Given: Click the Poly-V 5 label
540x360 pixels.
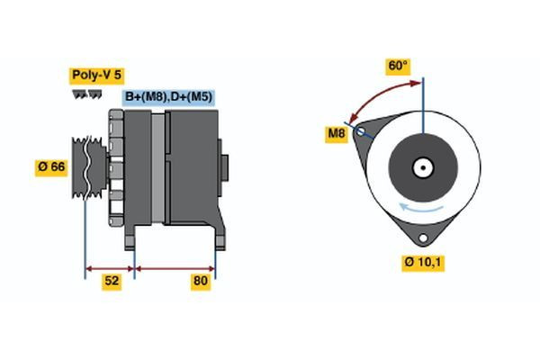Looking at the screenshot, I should (x=95, y=76).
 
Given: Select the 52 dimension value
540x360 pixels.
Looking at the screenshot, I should (x=112, y=282).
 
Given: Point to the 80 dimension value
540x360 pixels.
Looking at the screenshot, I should (x=201, y=282).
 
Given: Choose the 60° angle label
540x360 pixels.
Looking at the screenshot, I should (x=398, y=66).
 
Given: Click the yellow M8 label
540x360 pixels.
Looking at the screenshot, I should (x=337, y=135).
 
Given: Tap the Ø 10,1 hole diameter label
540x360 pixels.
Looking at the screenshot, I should (x=423, y=263).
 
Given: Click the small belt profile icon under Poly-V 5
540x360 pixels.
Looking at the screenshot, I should (x=86, y=94).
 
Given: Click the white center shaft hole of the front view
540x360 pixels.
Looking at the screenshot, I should (x=422, y=167).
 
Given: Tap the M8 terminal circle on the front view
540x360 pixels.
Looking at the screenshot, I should (x=362, y=132).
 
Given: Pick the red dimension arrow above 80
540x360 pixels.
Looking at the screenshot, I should (x=175, y=267).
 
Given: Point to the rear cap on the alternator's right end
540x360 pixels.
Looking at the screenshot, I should (x=225, y=168).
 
